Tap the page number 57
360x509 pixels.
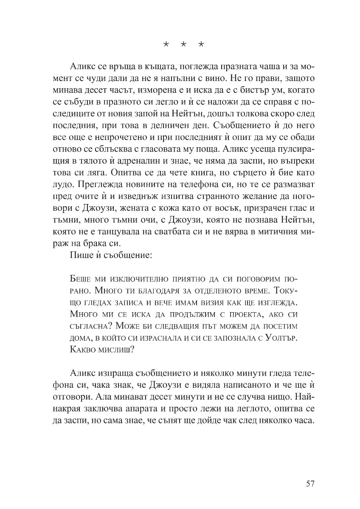[309, 484]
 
